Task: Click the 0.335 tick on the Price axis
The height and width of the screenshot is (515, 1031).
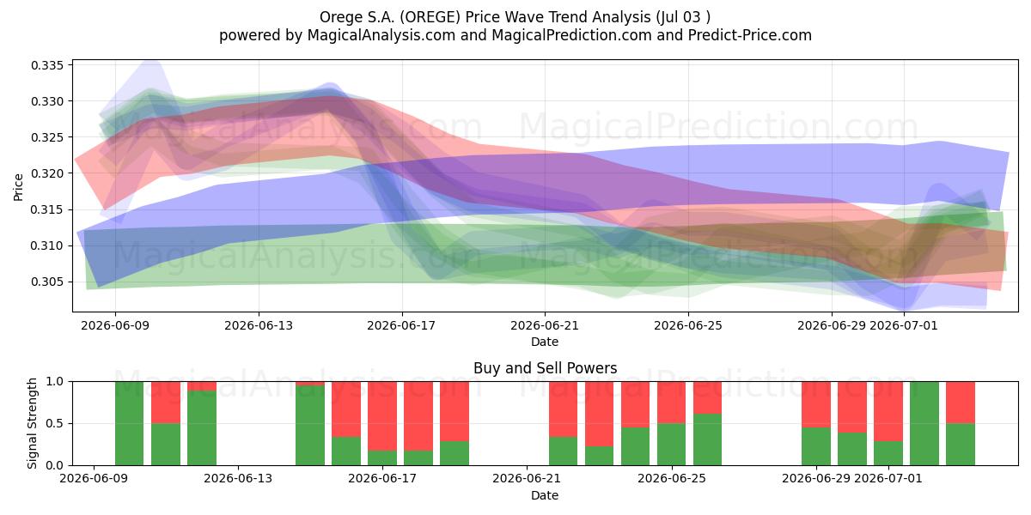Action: click(x=47, y=65)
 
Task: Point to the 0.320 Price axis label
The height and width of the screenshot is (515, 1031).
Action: click(x=47, y=173)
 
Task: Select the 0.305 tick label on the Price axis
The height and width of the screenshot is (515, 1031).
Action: click(x=47, y=282)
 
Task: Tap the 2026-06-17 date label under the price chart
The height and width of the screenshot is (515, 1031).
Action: click(x=401, y=326)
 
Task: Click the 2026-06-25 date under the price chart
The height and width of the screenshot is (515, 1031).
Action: click(x=688, y=326)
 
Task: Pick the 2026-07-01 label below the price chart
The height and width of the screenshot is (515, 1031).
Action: click(x=904, y=326)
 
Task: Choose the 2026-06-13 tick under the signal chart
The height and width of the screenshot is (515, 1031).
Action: click(x=238, y=479)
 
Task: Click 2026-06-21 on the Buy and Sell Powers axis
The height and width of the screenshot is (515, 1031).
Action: click(x=527, y=479)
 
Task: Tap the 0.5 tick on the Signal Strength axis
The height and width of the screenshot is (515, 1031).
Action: click(x=55, y=423)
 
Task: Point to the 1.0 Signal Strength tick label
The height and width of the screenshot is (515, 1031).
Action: click(x=55, y=382)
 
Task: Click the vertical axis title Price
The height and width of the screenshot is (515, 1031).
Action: click(x=18, y=188)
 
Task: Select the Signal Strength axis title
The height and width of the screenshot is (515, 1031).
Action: click(x=32, y=423)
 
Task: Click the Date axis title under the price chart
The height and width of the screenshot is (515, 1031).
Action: click(x=545, y=342)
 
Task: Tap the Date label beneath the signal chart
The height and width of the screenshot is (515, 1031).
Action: click(x=545, y=496)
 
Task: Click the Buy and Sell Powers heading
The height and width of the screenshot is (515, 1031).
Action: click(x=545, y=368)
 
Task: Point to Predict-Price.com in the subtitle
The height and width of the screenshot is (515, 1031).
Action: click(x=750, y=35)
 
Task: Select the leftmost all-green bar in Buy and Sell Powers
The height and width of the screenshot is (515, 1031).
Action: click(x=129, y=423)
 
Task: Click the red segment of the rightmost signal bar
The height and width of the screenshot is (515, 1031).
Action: click(x=961, y=403)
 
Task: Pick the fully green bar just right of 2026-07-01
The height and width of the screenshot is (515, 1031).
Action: click(x=924, y=423)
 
